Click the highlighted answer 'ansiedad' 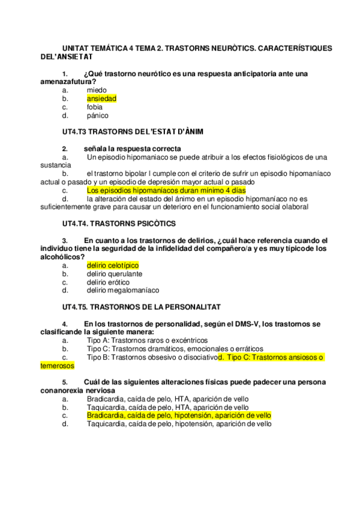coord(101,98)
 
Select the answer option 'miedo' coord(97,90)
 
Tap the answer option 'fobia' coord(95,107)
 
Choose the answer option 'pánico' coord(98,115)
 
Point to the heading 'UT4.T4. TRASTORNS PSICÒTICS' coord(119,224)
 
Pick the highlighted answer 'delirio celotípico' coord(113,265)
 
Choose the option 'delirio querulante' coord(115,274)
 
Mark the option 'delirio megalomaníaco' coord(123,291)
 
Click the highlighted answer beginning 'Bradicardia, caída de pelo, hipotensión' coord(179,415)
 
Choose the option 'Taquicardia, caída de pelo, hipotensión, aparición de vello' coord(179,424)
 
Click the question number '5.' coord(65,382)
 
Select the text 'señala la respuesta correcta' coord(133,149)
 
